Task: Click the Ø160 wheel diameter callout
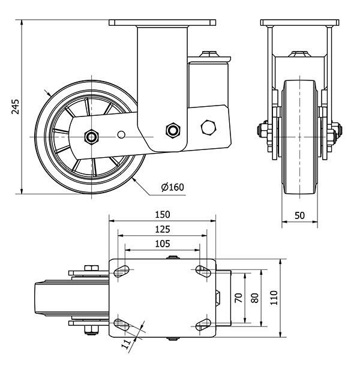(x=172, y=187)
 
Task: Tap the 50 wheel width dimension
(x=300, y=215)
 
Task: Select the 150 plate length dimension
(x=162, y=214)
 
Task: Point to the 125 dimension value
(x=162, y=229)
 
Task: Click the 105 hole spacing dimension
(x=162, y=244)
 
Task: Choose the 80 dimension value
(x=254, y=298)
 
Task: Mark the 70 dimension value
(x=238, y=298)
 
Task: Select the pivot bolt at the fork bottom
(x=173, y=130)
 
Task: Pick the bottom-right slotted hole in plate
(x=202, y=325)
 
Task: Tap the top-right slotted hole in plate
(x=202, y=271)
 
